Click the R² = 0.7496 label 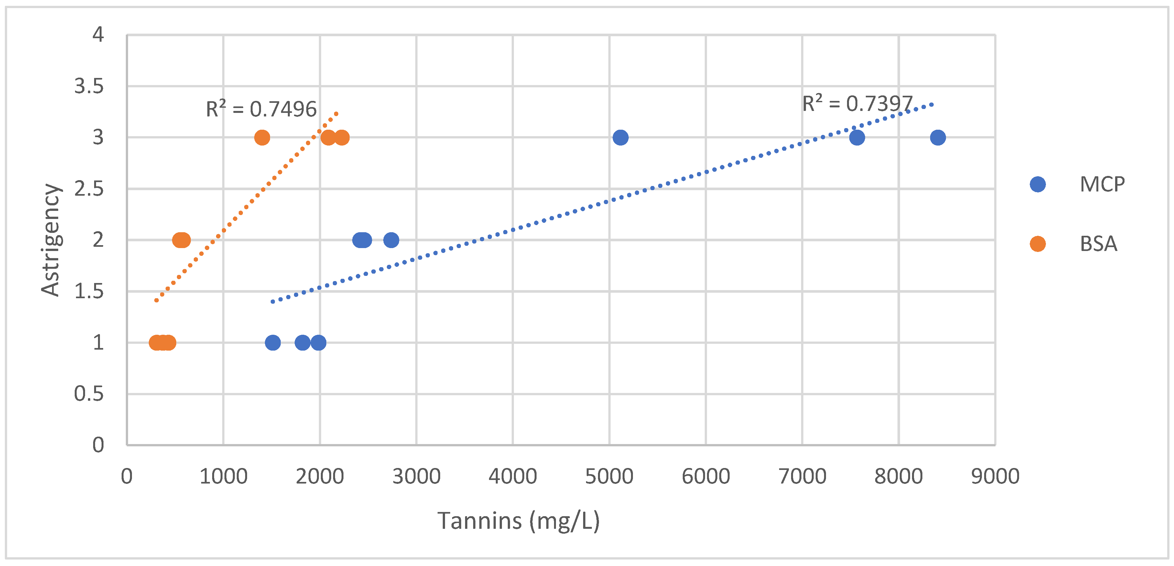(x=261, y=109)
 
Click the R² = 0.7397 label (x=857, y=103)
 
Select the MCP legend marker (x=1038, y=184)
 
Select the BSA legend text (x=1098, y=244)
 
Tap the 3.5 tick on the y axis (x=89, y=86)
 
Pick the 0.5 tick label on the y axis (x=89, y=394)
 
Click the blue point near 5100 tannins (x=620, y=137)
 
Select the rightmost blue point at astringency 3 (x=938, y=137)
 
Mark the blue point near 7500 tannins (x=857, y=137)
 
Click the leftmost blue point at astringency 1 (x=273, y=342)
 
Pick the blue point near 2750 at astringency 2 (x=391, y=240)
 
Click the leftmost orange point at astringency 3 (x=262, y=137)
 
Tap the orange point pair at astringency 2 (x=181, y=240)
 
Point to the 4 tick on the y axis (x=98, y=35)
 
